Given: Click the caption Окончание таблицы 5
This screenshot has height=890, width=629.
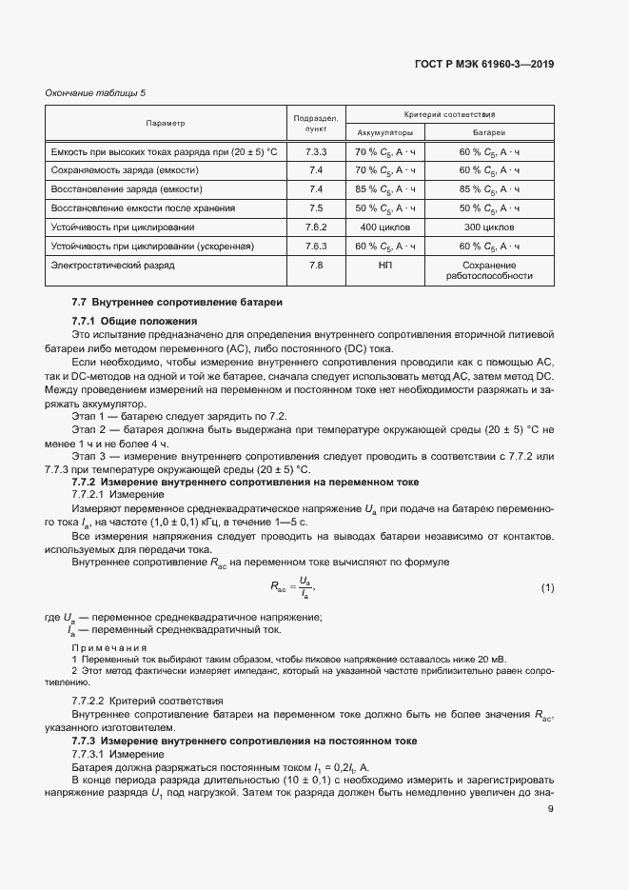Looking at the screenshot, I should (96, 92).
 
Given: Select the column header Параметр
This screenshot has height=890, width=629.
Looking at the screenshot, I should (166, 124).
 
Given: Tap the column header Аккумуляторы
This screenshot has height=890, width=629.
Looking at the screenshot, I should (384, 132).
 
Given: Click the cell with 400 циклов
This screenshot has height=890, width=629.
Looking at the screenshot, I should (384, 227).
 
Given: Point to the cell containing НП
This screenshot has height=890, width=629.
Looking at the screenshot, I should (384, 265).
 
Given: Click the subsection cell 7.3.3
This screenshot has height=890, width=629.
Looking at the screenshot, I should (317, 152).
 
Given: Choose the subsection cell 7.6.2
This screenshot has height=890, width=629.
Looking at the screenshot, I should (317, 227).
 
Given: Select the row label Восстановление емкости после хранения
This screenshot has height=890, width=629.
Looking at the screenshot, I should (142, 208).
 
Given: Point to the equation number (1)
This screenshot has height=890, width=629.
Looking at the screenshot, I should (547, 587).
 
